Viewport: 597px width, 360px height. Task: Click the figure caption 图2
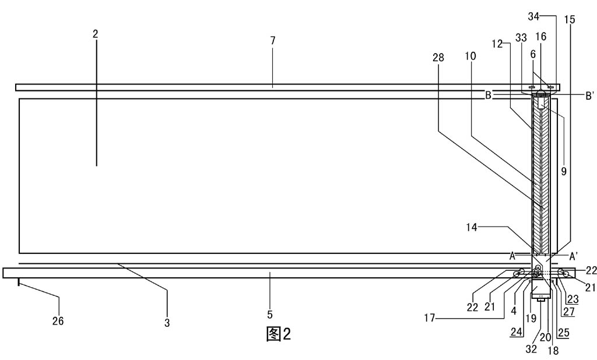click(278, 334)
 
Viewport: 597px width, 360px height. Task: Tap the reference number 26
click(58, 321)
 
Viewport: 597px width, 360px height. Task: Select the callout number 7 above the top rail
click(273, 40)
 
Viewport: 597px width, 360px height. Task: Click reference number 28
click(438, 58)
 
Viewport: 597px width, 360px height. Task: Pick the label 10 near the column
click(470, 56)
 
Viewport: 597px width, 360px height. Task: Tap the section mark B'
click(589, 96)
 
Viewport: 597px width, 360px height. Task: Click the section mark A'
click(574, 255)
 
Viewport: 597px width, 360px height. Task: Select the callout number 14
click(471, 227)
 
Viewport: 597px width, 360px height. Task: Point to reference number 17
click(430, 317)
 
